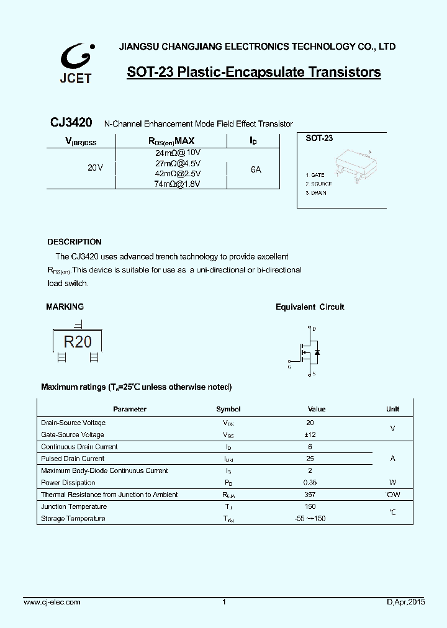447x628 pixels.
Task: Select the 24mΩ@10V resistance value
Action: (x=178, y=152)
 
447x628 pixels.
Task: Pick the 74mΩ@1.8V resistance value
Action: (x=178, y=184)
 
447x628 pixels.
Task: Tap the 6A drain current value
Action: (x=256, y=169)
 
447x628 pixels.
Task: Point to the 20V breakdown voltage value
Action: (x=95, y=168)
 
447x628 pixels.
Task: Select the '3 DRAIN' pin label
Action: (x=316, y=193)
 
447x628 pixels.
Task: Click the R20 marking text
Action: (x=78, y=341)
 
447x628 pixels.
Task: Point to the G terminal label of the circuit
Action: (x=289, y=366)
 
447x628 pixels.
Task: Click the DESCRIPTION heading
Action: (x=74, y=242)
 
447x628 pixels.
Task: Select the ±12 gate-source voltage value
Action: (x=310, y=434)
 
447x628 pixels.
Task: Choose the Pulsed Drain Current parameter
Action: (x=73, y=459)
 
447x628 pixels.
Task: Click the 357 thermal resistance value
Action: (x=310, y=495)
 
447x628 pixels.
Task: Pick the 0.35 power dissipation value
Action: (x=310, y=482)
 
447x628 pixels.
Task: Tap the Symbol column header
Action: (x=228, y=409)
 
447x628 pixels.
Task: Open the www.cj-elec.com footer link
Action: (x=52, y=602)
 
